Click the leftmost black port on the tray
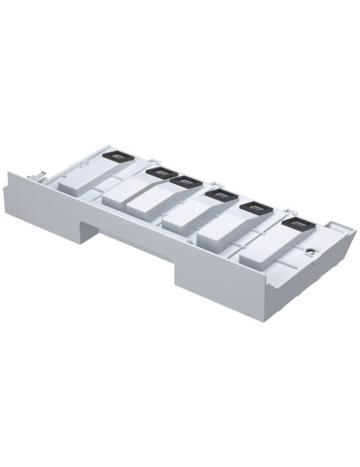pos(119,156)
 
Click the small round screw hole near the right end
pos(309,250)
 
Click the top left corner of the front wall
pos(11,174)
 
